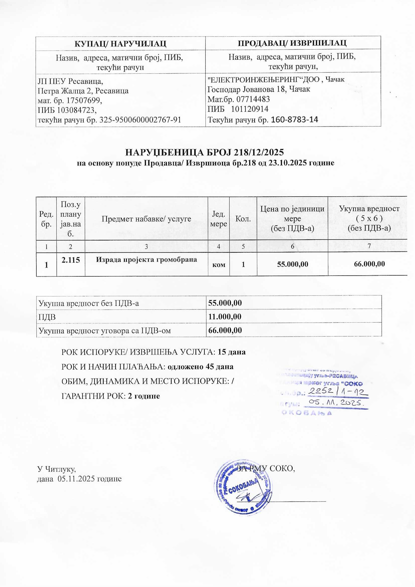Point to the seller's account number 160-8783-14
pos(294,120)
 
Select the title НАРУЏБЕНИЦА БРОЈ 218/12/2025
pos(205,152)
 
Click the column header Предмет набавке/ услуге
pos(146,219)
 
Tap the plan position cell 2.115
pos(71,260)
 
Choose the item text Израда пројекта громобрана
pos(147,260)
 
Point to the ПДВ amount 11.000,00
pos(225,317)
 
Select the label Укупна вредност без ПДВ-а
pos(89,303)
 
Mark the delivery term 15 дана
pos(232,352)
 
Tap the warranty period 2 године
pos(144,396)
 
